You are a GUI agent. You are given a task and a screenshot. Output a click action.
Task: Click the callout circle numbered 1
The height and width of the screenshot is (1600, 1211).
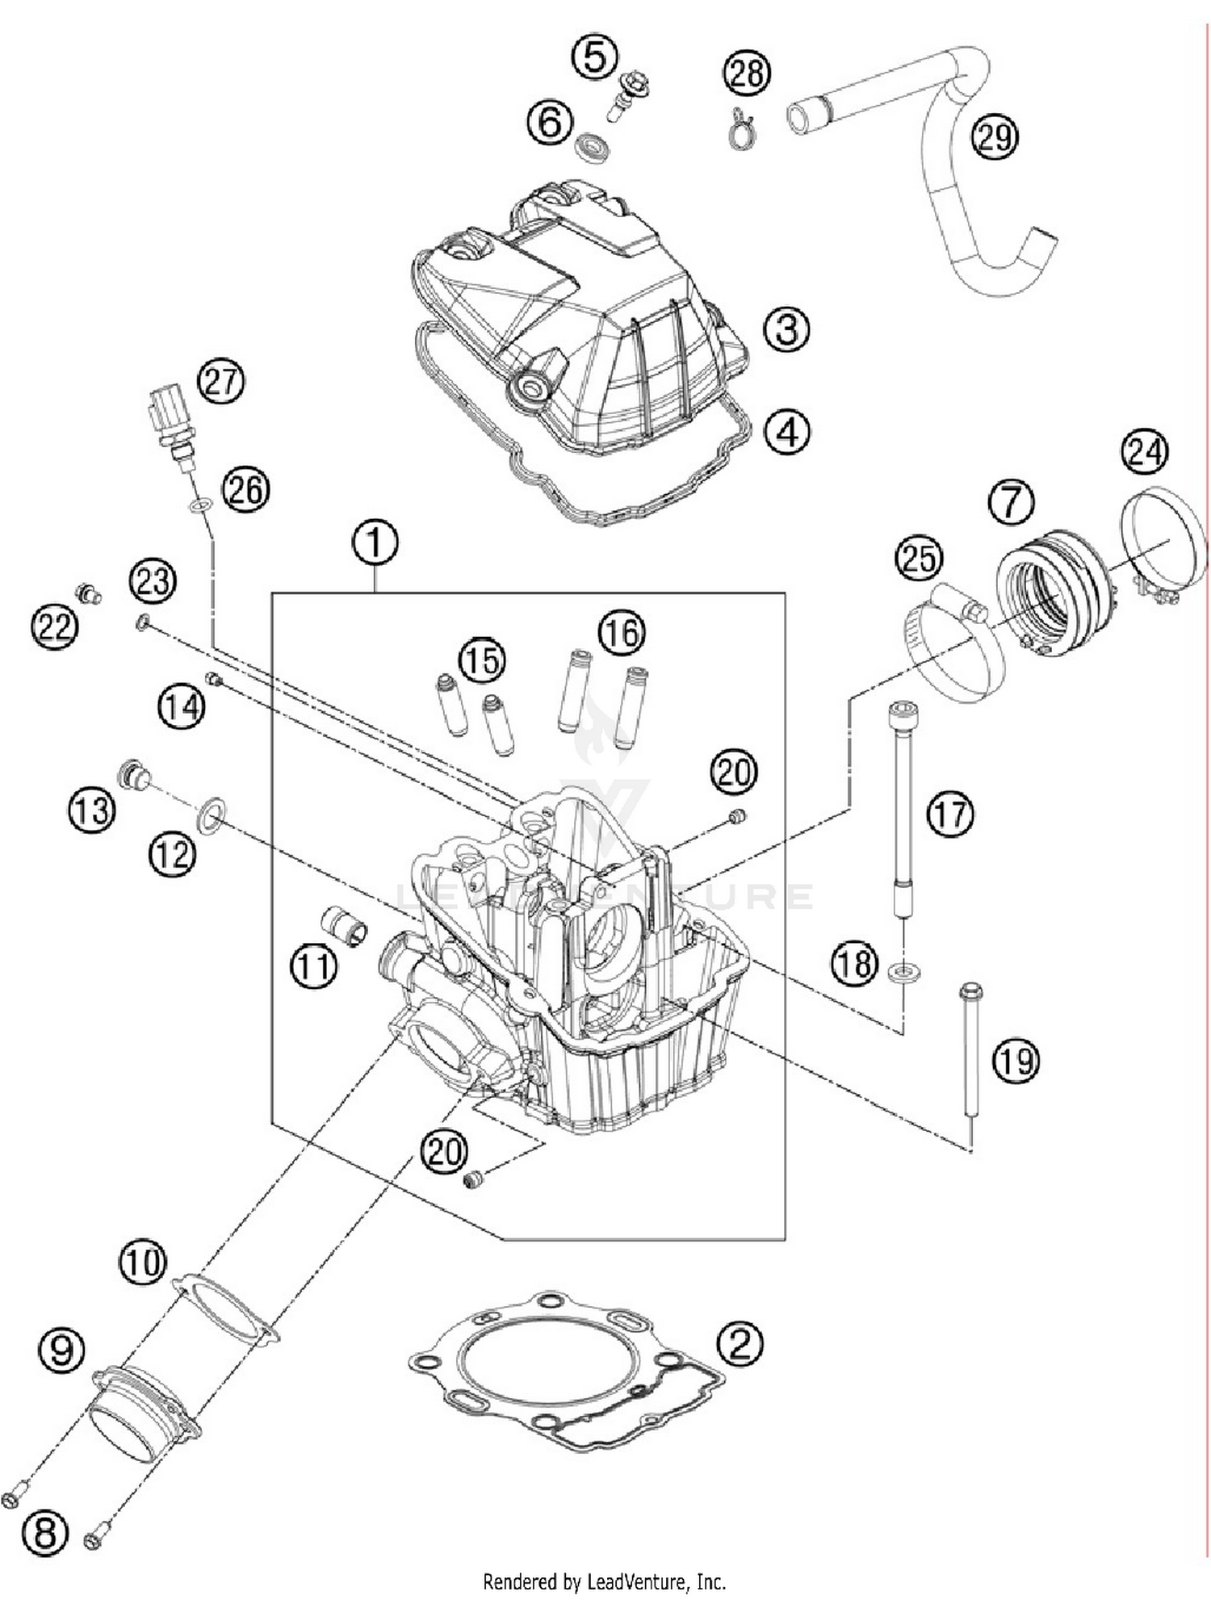(x=375, y=543)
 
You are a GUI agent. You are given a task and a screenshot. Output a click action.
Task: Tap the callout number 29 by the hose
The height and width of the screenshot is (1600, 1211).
(x=994, y=136)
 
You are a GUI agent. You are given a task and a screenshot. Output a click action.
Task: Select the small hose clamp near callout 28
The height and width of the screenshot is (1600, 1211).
(x=741, y=128)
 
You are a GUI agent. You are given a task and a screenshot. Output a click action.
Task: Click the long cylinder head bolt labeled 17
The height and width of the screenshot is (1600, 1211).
(x=901, y=807)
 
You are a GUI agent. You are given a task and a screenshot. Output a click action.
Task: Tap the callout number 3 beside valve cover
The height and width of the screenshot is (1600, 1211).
(x=786, y=329)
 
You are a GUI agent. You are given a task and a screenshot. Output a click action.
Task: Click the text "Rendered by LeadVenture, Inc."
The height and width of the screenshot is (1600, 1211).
(x=604, y=1581)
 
